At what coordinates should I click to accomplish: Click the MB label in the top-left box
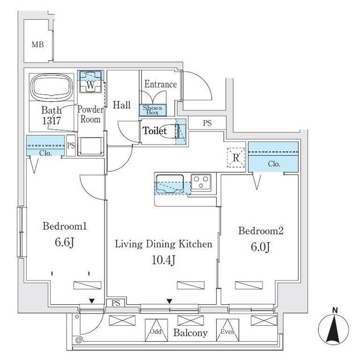(38, 44)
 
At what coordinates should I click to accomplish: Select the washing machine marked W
(90, 85)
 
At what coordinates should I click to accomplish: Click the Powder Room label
(90, 114)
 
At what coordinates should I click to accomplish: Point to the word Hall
(121, 105)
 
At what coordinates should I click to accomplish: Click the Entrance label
(160, 84)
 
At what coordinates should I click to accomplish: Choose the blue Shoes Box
(152, 110)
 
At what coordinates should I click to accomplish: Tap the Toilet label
(155, 131)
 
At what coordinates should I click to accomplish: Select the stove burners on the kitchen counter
(200, 182)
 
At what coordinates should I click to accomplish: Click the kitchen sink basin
(169, 181)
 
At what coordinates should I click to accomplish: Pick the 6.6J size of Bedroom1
(64, 242)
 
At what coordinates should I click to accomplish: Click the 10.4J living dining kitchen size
(164, 260)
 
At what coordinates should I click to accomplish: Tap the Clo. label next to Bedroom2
(274, 164)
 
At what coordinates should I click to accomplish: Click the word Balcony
(191, 333)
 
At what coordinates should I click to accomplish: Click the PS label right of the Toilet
(208, 123)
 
